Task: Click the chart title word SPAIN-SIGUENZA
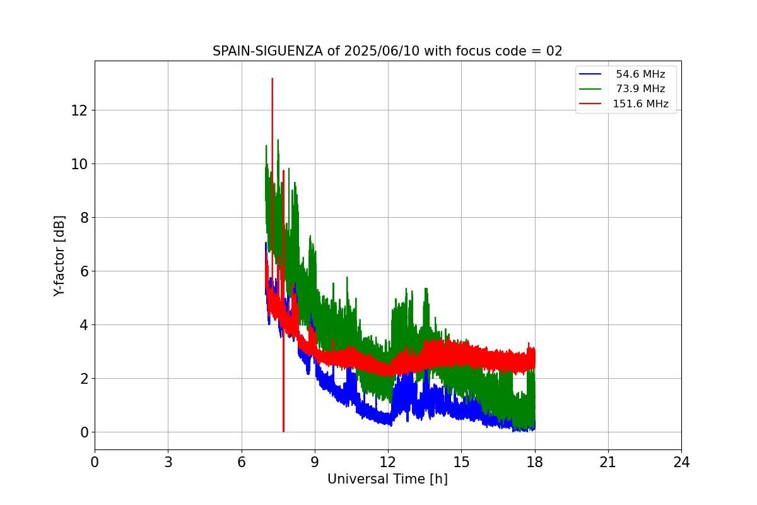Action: (x=267, y=51)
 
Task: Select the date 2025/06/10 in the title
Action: (x=382, y=51)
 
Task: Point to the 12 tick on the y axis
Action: (x=79, y=110)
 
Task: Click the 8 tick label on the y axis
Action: (x=84, y=218)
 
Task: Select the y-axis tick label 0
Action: (x=84, y=432)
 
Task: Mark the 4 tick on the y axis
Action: (x=84, y=325)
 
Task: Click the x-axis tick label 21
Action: (x=608, y=462)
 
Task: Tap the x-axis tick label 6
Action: (x=242, y=462)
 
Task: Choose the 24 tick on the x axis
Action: (x=681, y=462)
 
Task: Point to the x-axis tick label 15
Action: (x=461, y=462)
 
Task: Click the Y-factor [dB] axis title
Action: (x=59, y=256)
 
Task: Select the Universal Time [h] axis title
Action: (x=387, y=479)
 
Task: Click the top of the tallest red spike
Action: (x=272, y=78)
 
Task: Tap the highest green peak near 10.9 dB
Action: (x=278, y=140)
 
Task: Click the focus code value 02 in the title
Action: (x=554, y=51)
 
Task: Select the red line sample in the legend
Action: (x=590, y=104)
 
